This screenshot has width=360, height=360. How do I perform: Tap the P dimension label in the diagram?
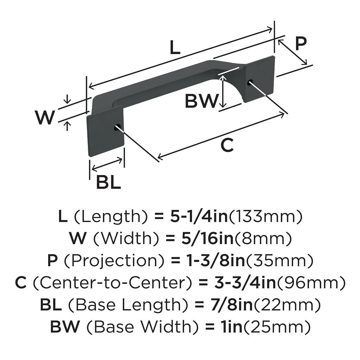point(301,44)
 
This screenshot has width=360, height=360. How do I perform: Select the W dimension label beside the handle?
point(45,117)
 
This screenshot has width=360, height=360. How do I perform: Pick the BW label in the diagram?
point(201,101)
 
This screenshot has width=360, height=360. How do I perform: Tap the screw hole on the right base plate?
point(250,82)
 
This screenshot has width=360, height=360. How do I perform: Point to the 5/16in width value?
point(201,239)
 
